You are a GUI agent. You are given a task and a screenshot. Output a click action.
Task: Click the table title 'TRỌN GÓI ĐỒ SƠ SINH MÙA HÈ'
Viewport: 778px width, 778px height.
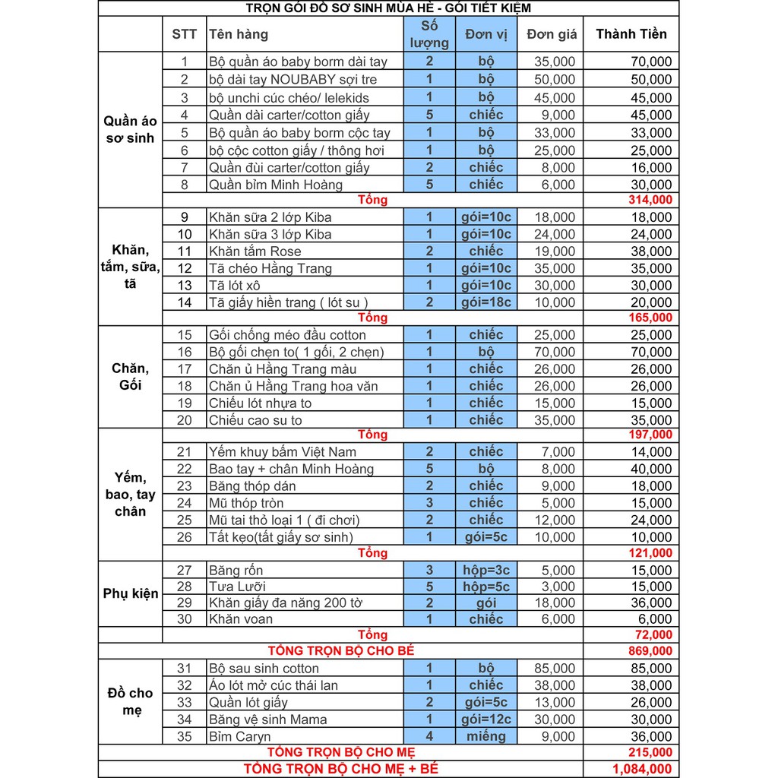[x=388, y=8]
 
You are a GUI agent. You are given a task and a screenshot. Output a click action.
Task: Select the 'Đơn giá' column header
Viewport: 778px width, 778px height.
[x=552, y=34]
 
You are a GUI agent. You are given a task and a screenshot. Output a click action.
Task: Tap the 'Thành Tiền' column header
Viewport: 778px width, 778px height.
[x=631, y=34]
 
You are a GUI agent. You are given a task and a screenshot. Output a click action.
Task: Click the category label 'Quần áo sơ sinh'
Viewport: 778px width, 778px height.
[x=130, y=129]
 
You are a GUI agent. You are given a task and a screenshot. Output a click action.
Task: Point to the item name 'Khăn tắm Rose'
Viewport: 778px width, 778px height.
[x=255, y=251]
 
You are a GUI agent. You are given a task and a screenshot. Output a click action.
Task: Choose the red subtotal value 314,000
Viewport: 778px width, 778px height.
[x=650, y=200]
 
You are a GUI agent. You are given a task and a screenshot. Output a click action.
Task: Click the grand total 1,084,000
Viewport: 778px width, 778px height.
[x=642, y=769]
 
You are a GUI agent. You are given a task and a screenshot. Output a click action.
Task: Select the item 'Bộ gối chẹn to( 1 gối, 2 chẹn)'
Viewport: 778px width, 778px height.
[x=297, y=352]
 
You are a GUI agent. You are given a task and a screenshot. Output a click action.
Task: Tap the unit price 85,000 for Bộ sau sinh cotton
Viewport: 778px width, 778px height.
[x=555, y=669]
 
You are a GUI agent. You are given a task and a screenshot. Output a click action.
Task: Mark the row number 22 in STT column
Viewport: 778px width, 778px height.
[x=185, y=469]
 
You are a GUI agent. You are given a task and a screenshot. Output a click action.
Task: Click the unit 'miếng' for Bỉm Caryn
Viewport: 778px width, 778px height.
[x=486, y=736]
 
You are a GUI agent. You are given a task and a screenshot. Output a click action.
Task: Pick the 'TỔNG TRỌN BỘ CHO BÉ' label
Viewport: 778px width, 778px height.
[x=341, y=651]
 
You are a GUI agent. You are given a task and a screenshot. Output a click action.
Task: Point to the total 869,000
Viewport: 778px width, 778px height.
[x=650, y=651]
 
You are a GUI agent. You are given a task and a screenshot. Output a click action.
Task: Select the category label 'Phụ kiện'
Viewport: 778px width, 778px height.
[x=131, y=593]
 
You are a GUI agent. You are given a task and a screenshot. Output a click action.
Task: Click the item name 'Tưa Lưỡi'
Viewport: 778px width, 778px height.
[x=237, y=587]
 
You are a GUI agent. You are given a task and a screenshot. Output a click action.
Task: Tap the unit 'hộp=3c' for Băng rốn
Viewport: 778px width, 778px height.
[x=486, y=570]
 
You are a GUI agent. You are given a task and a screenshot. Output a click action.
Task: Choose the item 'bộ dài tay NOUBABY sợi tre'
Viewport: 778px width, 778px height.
[x=293, y=80]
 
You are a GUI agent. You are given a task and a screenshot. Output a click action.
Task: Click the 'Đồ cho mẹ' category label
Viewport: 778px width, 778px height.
[x=130, y=702]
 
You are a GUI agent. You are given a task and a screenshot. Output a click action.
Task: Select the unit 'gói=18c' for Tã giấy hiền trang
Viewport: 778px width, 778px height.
[x=486, y=302]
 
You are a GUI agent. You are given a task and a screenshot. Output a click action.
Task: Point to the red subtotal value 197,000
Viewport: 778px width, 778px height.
[x=650, y=435]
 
